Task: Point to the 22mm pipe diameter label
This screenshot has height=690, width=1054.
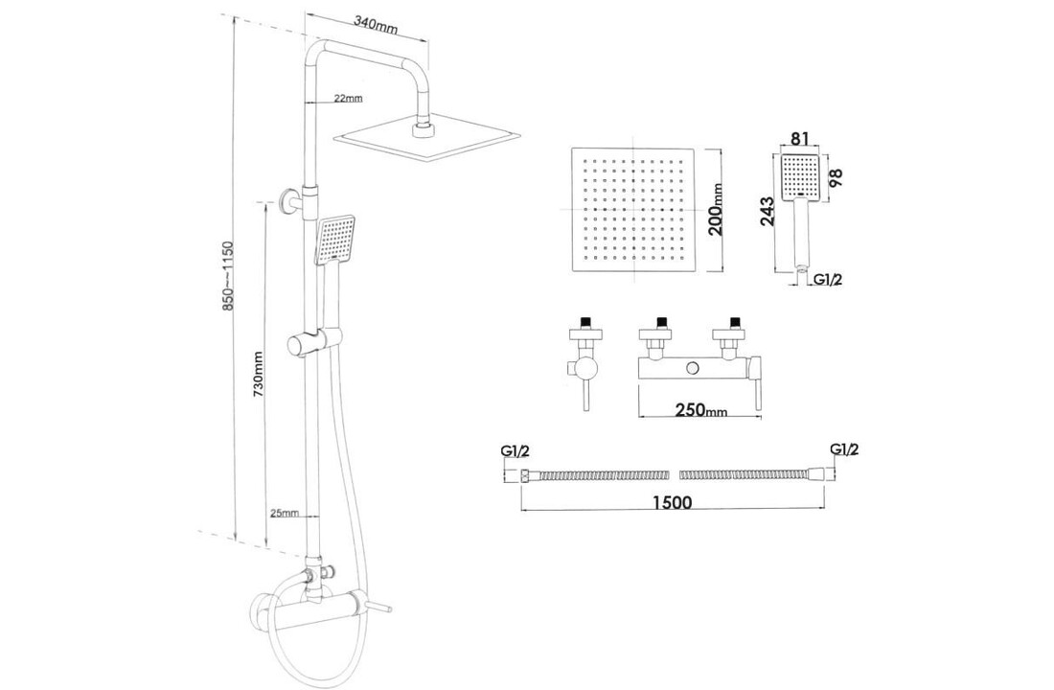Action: (x=348, y=99)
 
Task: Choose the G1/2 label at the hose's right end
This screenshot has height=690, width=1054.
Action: (x=843, y=449)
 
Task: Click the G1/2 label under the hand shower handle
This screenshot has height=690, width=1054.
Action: (x=827, y=280)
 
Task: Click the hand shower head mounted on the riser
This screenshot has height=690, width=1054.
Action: (x=336, y=239)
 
